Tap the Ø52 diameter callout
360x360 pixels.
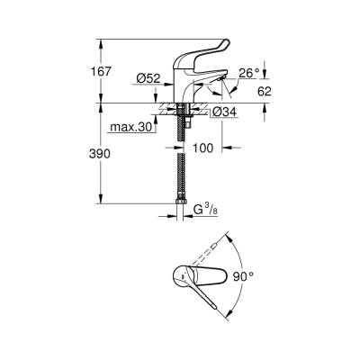tap(147, 79)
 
